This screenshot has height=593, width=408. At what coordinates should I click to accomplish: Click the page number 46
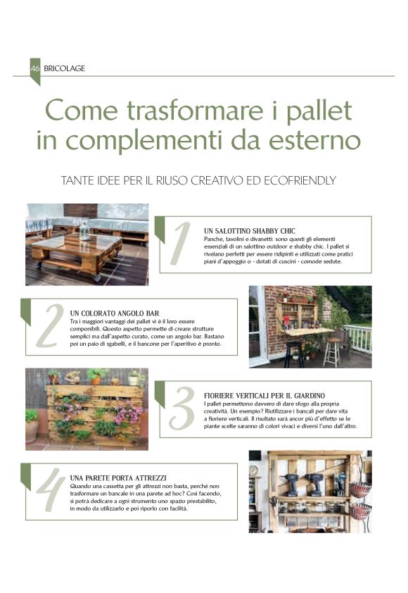click(x=35, y=68)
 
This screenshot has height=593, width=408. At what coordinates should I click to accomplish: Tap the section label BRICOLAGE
click(x=64, y=68)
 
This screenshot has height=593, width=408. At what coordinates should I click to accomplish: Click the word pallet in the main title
click(x=319, y=111)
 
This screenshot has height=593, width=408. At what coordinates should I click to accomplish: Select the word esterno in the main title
click(x=314, y=140)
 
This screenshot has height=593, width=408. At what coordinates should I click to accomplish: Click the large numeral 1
click(x=180, y=244)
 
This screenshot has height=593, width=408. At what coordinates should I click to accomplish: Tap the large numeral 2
click(x=50, y=325)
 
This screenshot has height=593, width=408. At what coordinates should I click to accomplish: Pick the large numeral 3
click(x=181, y=408)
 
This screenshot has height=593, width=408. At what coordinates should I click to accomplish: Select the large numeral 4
click(x=49, y=489)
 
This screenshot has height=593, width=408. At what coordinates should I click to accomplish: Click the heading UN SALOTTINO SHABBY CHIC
click(x=249, y=231)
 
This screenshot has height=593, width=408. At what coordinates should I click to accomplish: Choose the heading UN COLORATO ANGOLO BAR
click(x=115, y=313)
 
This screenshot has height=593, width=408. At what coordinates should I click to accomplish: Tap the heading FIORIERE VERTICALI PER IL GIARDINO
click(x=264, y=396)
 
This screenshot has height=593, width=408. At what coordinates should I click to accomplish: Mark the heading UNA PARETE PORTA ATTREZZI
click(x=118, y=477)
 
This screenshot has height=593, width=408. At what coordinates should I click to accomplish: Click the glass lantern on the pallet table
click(x=84, y=230)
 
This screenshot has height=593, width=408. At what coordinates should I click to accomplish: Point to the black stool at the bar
click(x=294, y=354)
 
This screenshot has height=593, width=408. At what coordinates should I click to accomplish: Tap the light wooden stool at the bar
click(x=331, y=351)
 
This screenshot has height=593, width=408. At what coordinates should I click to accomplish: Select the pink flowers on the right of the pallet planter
click(x=128, y=414)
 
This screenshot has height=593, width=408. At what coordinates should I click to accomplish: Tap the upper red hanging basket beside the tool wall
click(x=359, y=489)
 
